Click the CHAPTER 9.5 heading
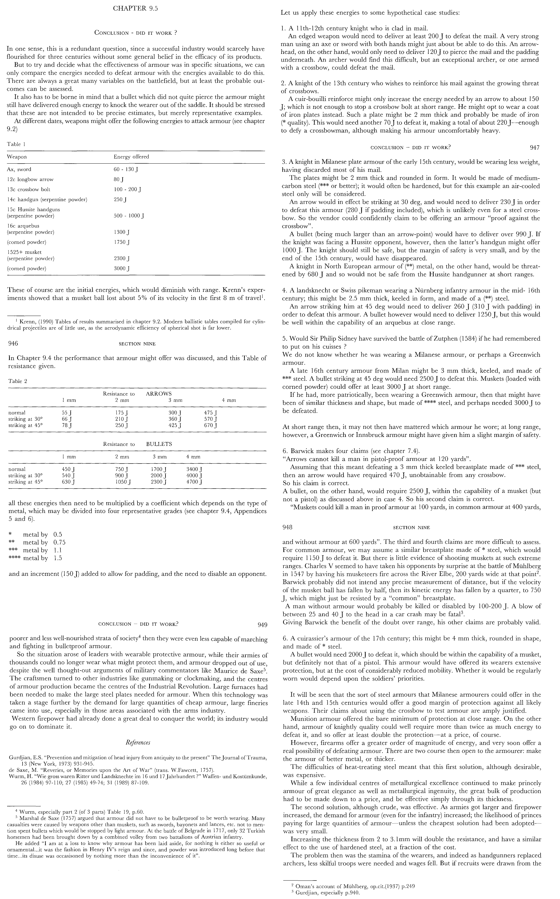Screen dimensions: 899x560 pyautogui.click(x=136, y=9)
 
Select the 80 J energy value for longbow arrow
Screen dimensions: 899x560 pyautogui.click(x=119, y=179)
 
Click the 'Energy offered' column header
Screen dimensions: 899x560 pyautogui.click(x=131, y=157)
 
